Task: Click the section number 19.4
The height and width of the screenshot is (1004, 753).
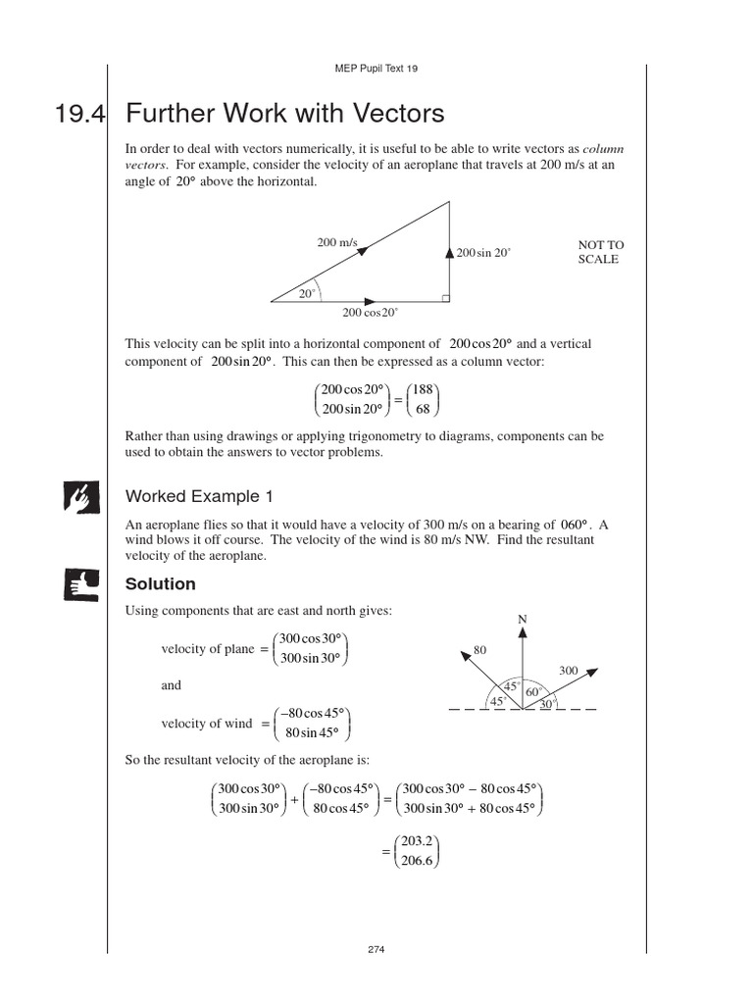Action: (80, 115)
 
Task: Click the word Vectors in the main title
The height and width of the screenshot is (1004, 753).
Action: (392, 114)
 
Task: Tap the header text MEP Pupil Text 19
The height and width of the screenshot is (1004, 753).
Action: (376, 69)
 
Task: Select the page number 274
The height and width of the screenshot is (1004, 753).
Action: (376, 950)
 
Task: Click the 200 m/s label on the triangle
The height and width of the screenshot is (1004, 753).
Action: (336, 242)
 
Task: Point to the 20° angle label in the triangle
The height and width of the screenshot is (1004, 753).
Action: (307, 293)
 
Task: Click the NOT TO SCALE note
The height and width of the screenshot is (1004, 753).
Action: (600, 252)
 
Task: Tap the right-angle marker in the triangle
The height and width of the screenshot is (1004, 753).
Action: (445, 297)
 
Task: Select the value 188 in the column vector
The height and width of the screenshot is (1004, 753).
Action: (423, 390)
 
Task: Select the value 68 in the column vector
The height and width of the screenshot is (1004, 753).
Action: (423, 410)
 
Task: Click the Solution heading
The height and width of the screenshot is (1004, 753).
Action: (161, 584)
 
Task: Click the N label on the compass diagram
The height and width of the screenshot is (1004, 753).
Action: (523, 620)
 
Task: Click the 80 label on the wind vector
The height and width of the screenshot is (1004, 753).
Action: (479, 650)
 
